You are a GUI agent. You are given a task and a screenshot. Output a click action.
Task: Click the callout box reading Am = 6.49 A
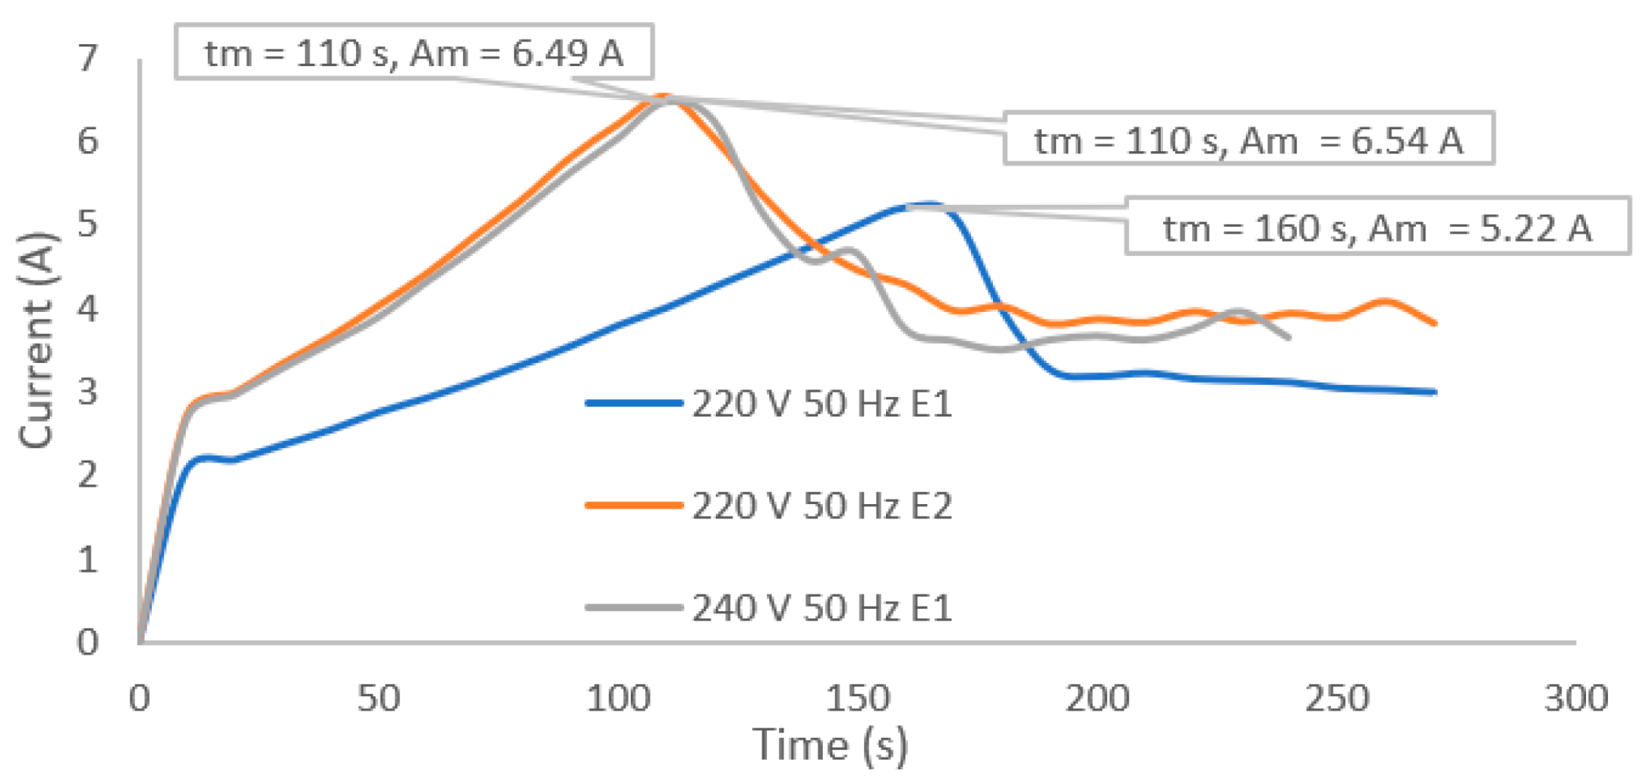413,53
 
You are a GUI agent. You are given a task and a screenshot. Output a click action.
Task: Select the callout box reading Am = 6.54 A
1248,140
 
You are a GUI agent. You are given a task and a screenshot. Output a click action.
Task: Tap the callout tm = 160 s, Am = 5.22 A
1377,228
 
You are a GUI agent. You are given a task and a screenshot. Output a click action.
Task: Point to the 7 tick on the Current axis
87,57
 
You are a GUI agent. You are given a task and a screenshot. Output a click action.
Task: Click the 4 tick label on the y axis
87,308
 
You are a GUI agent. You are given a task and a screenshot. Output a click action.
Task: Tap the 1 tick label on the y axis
87,559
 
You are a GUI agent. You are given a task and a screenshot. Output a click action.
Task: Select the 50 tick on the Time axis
379,698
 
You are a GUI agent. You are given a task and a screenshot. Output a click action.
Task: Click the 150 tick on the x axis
858,698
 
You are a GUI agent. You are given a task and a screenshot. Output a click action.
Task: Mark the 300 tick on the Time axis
1575,698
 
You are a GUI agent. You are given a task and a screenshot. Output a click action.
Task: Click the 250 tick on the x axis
1336,698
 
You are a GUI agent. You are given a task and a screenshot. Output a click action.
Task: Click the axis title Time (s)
830,744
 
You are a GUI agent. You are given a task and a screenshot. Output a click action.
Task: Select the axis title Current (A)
37,340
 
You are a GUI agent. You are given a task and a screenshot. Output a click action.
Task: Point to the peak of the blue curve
929,205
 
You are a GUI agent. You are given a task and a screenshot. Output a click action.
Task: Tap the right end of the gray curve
1288,338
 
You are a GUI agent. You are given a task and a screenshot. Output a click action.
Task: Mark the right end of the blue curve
1436,391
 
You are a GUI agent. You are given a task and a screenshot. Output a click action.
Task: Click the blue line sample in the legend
633,403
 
